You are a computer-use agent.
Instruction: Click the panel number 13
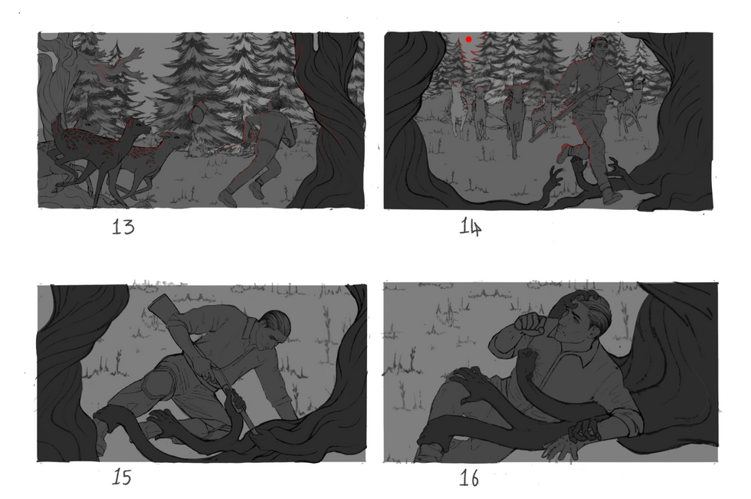pyautogui.click(x=123, y=227)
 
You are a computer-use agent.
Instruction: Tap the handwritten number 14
pyautogui.click(x=471, y=227)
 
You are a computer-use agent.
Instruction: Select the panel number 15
pyautogui.click(x=122, y=477)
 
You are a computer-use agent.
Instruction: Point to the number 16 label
pyautogui.click(x=469, y=478)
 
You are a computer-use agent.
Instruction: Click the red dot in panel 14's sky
pyautogui.click(x=468, y=39)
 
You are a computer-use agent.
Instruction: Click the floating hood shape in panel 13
pyautogui.click(x=198, y=113)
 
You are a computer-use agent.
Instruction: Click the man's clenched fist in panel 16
pyautogui.click(x=530, y=323)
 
